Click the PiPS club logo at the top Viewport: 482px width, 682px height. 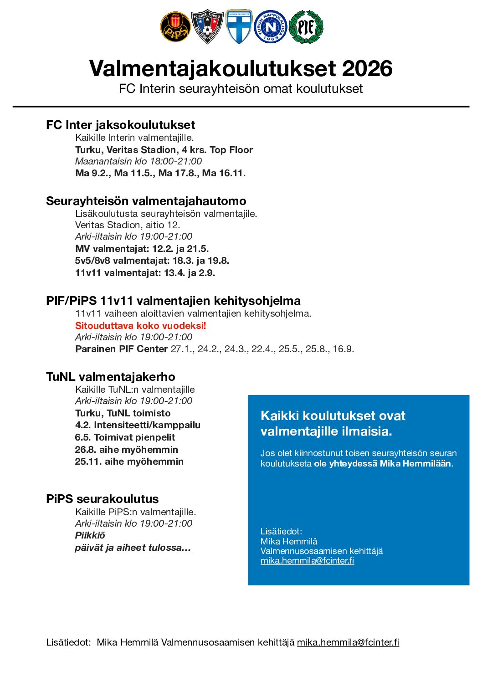coord(175,27)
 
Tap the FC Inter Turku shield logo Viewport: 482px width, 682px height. coord(207,27)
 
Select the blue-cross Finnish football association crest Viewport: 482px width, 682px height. coord(239,27)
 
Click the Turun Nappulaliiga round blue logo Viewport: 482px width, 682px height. coord(271,27)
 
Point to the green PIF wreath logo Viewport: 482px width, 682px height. coord(306,27)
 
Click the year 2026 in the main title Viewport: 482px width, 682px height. coord(367,69)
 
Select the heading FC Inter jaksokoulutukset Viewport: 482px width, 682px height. coord(120,125)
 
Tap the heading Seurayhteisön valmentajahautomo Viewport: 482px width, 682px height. coord(146,201)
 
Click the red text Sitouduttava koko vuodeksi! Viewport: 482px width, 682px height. coord(140,326)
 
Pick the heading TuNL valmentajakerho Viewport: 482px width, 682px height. coord(110,377)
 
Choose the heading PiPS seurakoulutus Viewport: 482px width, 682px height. coord(102,499)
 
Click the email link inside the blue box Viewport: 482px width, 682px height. coord(307,561)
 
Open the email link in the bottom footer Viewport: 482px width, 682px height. coord(348,642)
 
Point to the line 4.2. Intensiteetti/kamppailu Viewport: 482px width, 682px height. coord(138,425)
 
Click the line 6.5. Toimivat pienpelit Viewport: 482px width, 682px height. coord(125,437)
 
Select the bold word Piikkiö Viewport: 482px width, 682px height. coord(90,535)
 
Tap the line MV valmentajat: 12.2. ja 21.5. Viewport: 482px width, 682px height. coord(142,249)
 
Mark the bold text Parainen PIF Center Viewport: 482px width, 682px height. coord(121,349)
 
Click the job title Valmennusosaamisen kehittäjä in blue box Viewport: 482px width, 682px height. coord(322,551)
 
